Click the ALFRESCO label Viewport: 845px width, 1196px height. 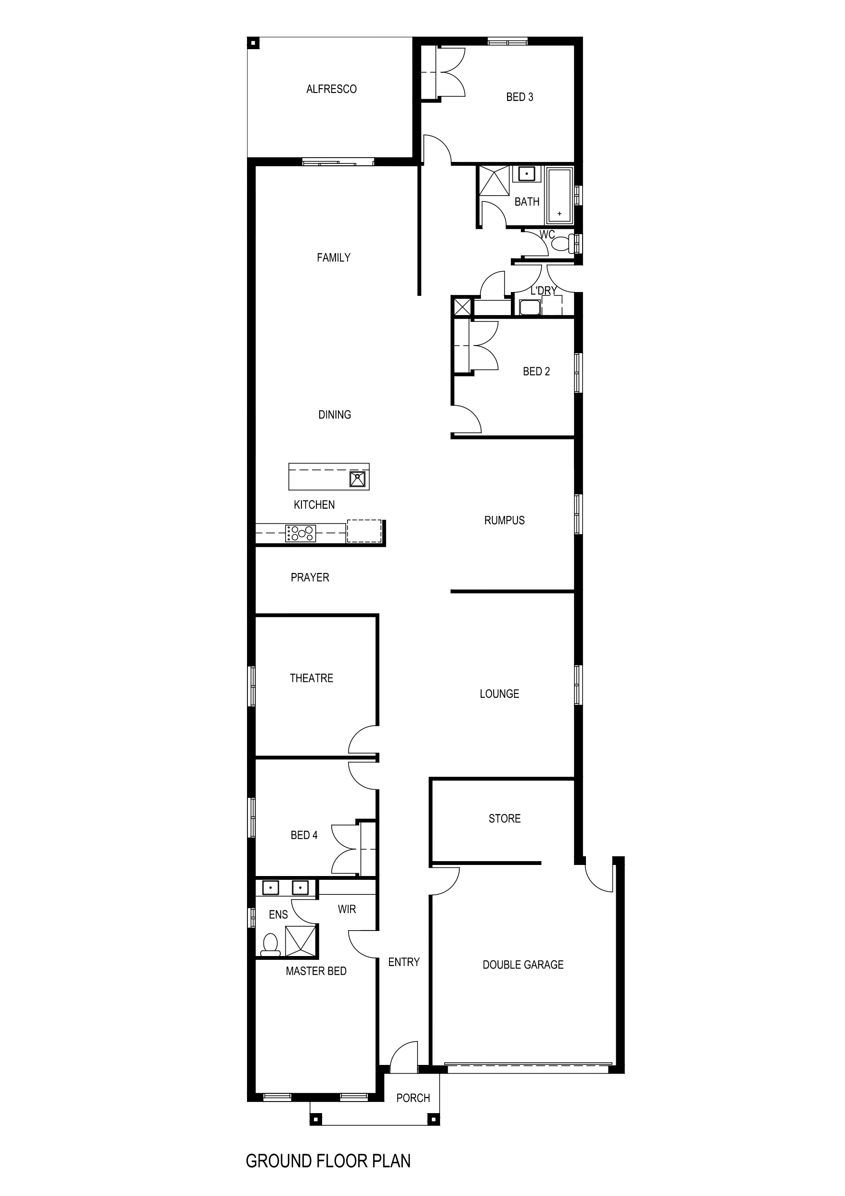331,89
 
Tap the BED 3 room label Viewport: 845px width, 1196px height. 519,97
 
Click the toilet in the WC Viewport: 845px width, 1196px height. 562,243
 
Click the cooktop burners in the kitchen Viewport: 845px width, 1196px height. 300,533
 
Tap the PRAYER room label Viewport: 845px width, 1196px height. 310,577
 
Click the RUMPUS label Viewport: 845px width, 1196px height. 504,520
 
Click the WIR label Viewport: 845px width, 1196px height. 347,909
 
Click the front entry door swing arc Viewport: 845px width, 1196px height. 405,1057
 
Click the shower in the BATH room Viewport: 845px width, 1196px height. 494,181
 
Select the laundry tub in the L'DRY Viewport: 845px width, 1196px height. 530,307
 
